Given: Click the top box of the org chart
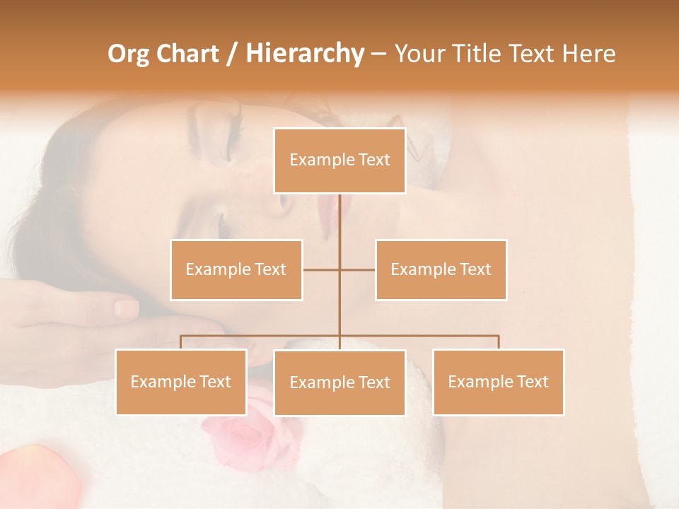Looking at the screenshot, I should pyautogui.click(x=339, y=160).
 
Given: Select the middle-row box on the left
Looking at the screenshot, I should pyautogui.click(x=236, y=269).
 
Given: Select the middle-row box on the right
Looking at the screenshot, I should pyautogui.click(x=441, y=269).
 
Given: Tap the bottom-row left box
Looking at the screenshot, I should pyautogui.click(x=181, y=382).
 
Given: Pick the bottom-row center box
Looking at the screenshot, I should pyautogui.click(x=339, y=382).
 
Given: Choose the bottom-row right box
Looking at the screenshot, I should pyautogui.click(x=498, y=382).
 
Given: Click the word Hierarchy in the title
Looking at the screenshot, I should pyautogui.click(x=304, y=54).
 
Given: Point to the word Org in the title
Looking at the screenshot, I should pyautogui.click(x=128, y=54).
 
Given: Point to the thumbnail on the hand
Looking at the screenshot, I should pyautogui.click(x=126, y=308).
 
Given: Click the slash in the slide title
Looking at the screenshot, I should pyautogui.click(x=231, y=54).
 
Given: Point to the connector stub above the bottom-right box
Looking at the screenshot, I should pyautogui.click(x=499, y=342).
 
